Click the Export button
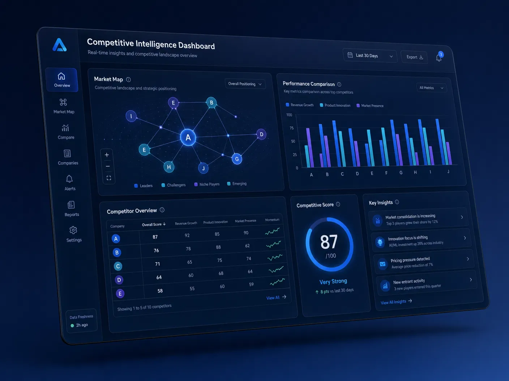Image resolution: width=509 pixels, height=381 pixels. [414, 57]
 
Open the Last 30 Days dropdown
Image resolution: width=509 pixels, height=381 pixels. [370, 56]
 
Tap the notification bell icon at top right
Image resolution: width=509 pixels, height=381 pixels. [439, 58]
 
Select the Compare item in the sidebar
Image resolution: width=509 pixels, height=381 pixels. [65, 132]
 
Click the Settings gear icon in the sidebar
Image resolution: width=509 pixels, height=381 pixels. [73, 230]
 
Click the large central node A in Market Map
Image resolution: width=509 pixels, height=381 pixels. [188, 137]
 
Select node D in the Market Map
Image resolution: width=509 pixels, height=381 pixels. [261, 135]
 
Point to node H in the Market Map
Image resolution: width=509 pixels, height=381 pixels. [169, 167]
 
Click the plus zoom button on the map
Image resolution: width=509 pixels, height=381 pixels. [107, 155]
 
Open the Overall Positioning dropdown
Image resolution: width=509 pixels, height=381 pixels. [245, 84]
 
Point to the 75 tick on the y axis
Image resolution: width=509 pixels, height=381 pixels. [291, 128]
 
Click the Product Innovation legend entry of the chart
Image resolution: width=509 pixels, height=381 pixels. [335, 105]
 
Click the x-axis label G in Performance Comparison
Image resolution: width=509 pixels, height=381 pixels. [401, 172]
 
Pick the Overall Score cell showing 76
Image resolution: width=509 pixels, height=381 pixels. [156, 250]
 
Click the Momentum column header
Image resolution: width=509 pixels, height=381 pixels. [272, 220]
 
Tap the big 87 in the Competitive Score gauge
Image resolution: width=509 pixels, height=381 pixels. [329, 242]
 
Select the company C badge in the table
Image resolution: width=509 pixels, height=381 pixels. [118, 266]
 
